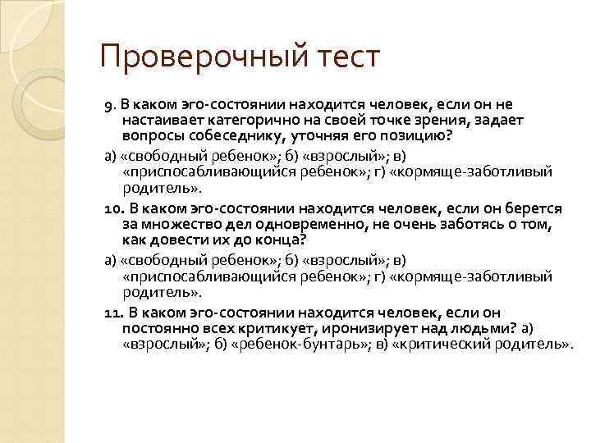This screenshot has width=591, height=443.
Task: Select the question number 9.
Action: (x=109, y=106)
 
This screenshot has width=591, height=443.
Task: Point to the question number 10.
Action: (x=113, y=209)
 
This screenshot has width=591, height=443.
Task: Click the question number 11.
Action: (x=113, y=313)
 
